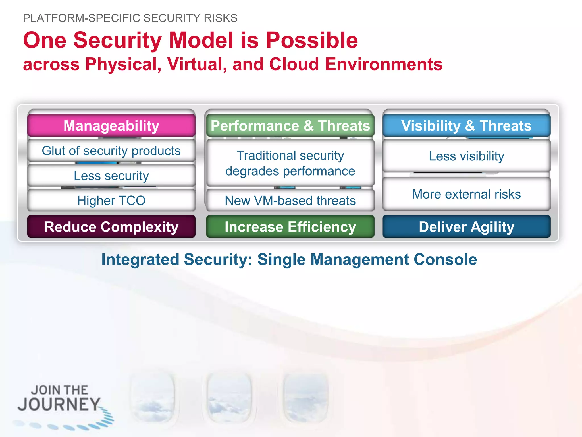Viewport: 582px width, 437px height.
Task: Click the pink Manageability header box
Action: click(111, 125)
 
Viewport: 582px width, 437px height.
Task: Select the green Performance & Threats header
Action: click(290, 125)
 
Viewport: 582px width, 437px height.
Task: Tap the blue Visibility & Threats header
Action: click(466, 125)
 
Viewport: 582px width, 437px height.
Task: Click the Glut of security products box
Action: click(111, 151)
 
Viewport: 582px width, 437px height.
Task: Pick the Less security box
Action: click(111, 176)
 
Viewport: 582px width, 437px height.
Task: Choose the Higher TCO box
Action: click(111, 200)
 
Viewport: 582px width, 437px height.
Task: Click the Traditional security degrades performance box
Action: click(290, 163)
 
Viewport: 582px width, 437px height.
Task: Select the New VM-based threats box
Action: click(290, 200)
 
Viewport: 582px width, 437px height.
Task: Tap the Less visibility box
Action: click(466, 156)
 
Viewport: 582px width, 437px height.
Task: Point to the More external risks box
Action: click(466, 194)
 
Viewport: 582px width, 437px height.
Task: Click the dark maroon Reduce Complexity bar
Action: click(111, 227)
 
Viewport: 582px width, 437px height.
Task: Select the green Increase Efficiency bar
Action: click(290, 227)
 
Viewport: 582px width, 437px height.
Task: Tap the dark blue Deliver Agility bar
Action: click(466, 227)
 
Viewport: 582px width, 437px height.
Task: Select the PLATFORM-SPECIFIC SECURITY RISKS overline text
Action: click(130, 18)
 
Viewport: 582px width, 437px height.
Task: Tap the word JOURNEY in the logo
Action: click(59, 404)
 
